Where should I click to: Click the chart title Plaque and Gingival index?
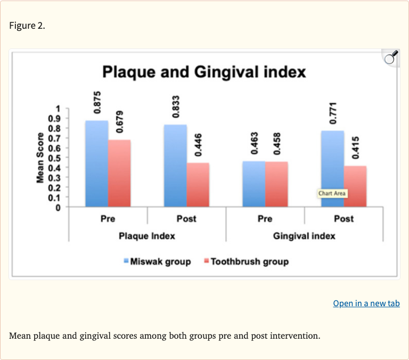point(204,71)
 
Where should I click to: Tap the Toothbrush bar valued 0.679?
point(119,174)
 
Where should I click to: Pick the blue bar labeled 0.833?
point(175,166)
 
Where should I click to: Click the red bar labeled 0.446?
point(198,185)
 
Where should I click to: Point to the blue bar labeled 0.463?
point(253,184)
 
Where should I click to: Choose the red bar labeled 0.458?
point(276,184)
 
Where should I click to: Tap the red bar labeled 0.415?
point(355,186)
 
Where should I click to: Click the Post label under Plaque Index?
point(186,219)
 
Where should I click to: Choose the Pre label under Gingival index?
point(265,219)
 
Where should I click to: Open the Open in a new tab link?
point(366,304)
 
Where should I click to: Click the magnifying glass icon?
point(391,57)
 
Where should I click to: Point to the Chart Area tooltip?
point(332,193)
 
